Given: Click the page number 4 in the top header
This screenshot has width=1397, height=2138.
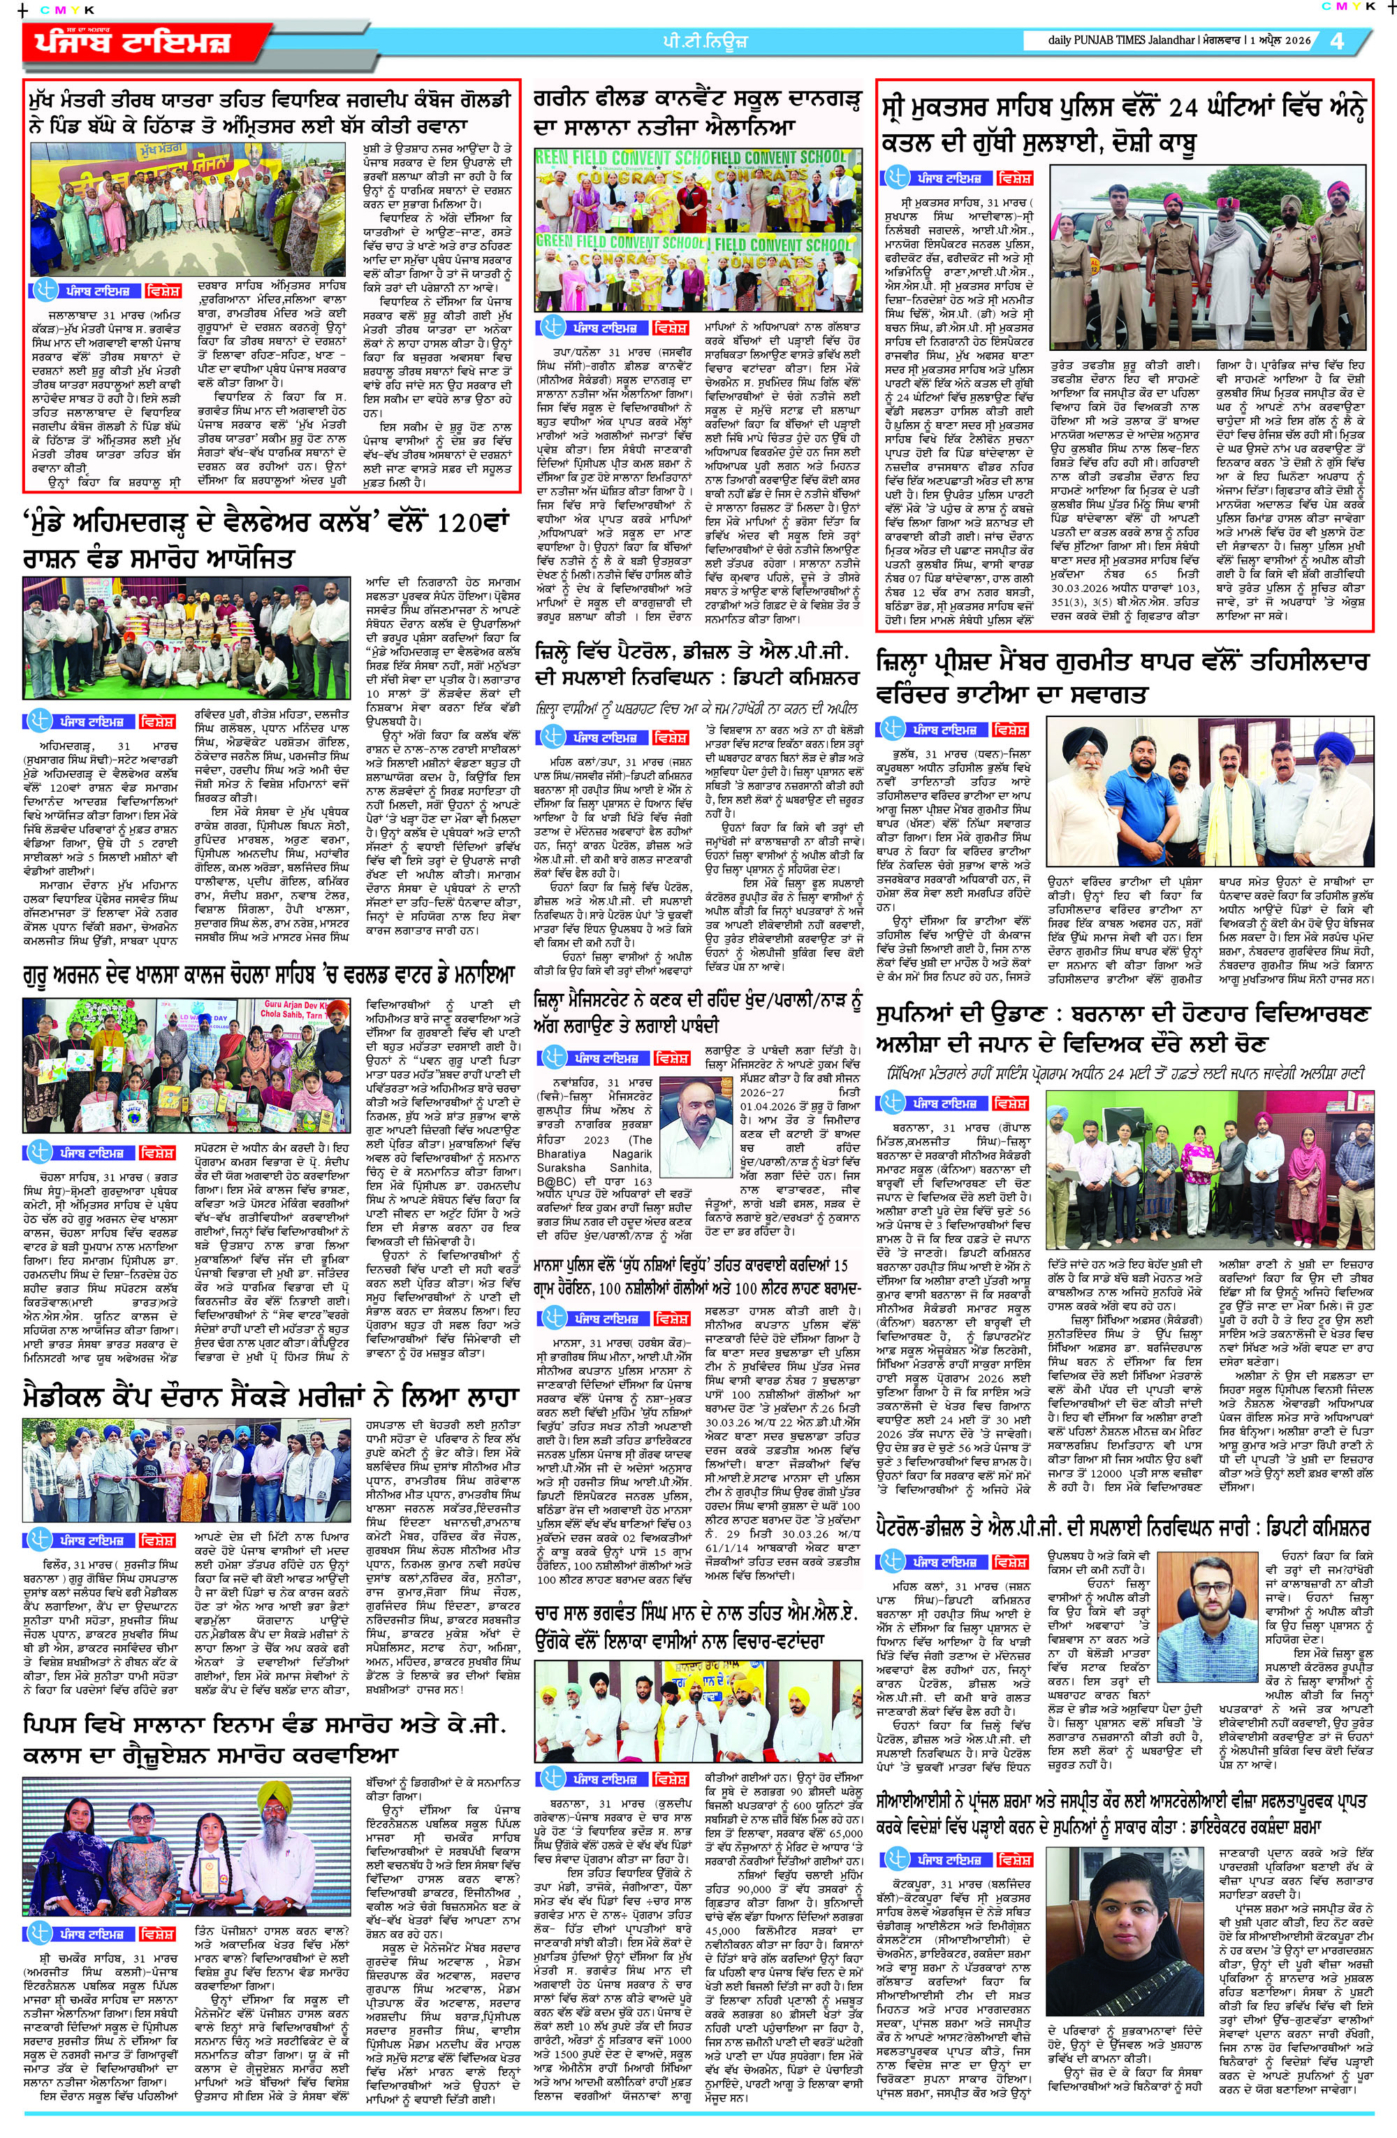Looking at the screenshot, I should pyautogui.click(x=1338, y=41).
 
